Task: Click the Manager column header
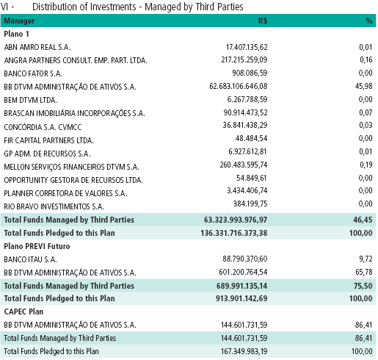(19, 21)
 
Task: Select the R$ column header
(263, 21)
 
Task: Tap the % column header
(369, 21)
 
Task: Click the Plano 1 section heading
(16, 34)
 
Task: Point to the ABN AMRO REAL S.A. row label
(37, 47)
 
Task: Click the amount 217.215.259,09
(244, 60)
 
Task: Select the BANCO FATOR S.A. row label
(33, 73)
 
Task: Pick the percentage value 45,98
(364, 86)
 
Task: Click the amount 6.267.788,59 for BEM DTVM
(247, 99)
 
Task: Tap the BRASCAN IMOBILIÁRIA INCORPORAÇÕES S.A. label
(74, 113)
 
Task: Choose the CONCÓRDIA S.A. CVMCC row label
(43, 127)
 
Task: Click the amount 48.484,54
(251, 138)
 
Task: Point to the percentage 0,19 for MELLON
(366, 165)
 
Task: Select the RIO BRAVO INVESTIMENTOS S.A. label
(54, 206)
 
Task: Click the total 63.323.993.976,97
(236, 220)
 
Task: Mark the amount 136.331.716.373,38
(234, 233)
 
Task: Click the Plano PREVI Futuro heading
(37, 246)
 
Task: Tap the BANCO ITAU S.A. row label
(30, 259)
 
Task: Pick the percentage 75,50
(363, 286)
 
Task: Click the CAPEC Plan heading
(23, 312)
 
